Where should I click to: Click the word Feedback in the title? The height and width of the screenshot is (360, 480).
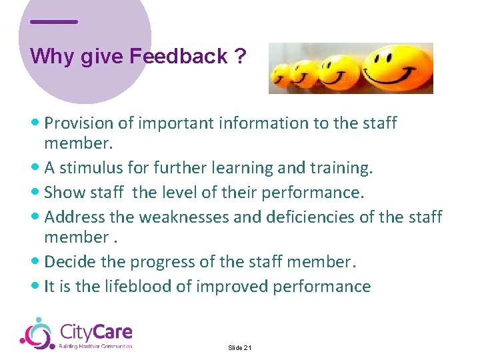point(179,56)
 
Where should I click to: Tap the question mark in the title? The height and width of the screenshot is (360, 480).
point(239,56)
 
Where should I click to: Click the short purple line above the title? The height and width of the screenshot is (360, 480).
point(53,22)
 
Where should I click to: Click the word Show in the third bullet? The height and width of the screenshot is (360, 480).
point(61,193)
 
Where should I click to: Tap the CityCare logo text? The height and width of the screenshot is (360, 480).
point(96,331)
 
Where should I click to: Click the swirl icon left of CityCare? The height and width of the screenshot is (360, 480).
point(36,333)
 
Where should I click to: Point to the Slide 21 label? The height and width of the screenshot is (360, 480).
point(239,348)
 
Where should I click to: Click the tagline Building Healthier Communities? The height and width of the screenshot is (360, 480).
point(96,346)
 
